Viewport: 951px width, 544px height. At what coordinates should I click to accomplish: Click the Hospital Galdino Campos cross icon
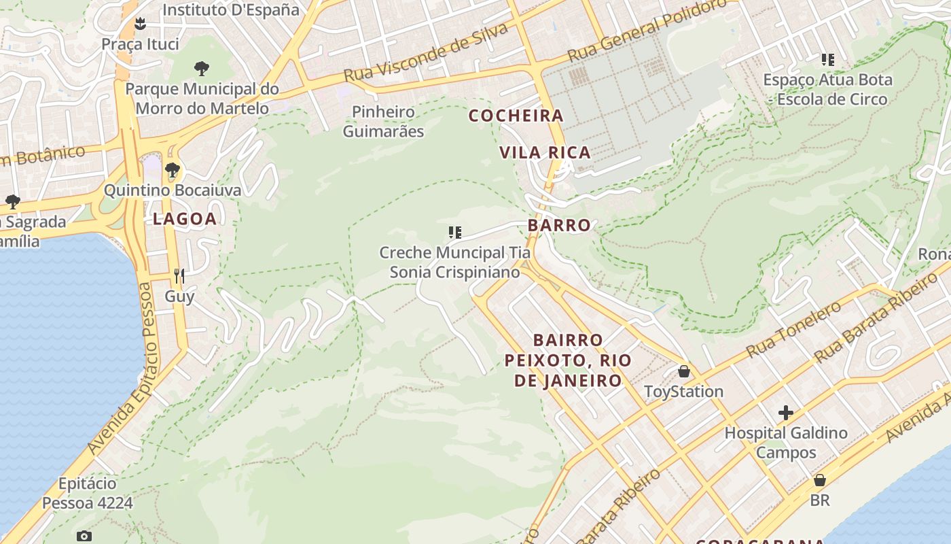(x=786, y=413)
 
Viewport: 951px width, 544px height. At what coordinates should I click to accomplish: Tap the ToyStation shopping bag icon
(x=684, y=371)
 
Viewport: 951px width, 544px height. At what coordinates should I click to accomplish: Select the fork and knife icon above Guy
(x=179, y=275)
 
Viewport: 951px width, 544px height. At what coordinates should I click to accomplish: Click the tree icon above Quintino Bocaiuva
(x=173, y=169)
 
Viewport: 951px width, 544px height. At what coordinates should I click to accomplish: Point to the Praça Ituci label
(x=140, y=44)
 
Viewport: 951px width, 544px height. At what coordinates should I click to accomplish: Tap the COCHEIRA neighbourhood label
(x=516, y=116)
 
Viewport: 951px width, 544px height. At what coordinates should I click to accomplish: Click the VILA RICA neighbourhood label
(x=545, y=152)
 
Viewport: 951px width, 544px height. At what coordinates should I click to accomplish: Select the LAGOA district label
(x=185, y=218)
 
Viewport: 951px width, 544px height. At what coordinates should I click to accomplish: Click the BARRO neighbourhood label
(x=559, y=225)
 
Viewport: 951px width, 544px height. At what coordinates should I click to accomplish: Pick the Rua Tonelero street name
(x=793, y=329)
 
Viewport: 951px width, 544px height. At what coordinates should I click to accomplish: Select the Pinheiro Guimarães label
(x=383, y=121)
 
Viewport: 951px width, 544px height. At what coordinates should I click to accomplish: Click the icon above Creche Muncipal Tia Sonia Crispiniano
(x=455, y=233)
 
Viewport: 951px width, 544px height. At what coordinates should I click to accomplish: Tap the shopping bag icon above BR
(x=820, y=480)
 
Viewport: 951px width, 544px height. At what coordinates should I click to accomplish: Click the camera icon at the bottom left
(x=84, y=536)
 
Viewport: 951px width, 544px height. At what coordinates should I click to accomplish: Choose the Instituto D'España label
(x=231, y=10)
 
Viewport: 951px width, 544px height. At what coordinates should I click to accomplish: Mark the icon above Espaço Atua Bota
(x=827, y=60)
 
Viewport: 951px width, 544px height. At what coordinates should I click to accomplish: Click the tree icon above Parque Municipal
(x=201, y=68)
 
